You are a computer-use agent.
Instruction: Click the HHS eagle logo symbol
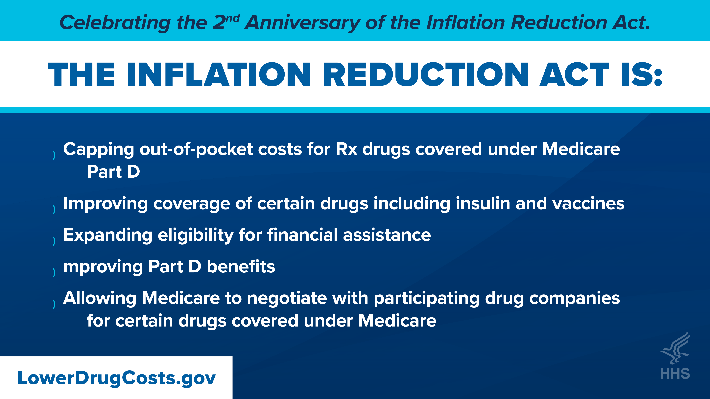point(675,348)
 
